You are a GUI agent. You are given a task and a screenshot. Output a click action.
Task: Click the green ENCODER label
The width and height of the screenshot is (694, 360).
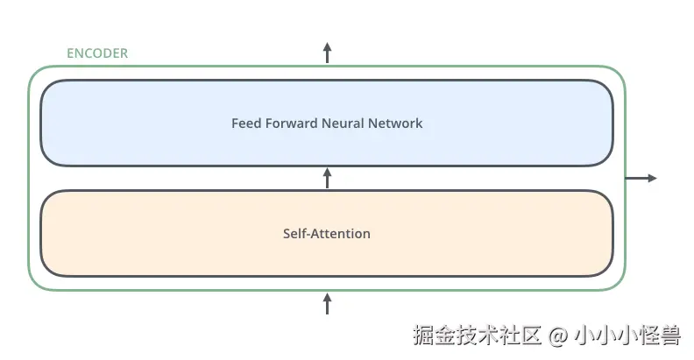point(96,53)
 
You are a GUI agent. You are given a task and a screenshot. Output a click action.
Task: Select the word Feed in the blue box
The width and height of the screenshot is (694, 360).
point(245,124)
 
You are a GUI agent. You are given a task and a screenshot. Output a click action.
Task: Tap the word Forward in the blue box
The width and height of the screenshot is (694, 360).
point(291,124)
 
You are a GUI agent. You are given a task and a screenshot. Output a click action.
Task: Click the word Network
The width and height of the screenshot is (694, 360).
point(396,124)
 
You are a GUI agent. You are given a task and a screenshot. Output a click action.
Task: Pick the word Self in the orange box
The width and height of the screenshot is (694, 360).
point(294,234)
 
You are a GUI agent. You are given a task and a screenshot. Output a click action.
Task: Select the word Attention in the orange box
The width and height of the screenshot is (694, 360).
point(341,234)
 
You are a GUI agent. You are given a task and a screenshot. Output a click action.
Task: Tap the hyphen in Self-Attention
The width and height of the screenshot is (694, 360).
point(308,235)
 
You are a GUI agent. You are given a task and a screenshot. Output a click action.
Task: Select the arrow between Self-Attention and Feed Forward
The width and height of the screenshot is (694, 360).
point(327,178)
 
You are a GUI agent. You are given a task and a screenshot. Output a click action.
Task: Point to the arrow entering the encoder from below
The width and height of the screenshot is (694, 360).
point(327,303)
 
